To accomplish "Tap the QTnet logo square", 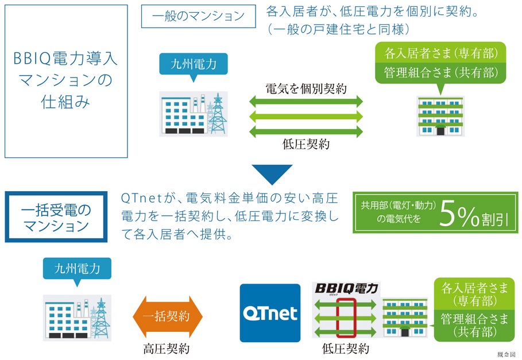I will click(x=270, y=313).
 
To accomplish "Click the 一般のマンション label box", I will click(x=198, y=17).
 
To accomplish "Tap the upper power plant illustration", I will click(x=194, y=115).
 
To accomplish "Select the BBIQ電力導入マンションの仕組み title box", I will click(x=65, y=81).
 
